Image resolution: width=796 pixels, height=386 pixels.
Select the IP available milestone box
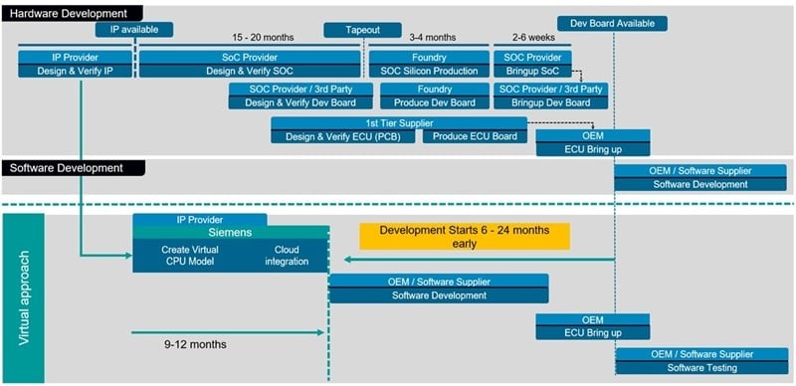pos(134,30)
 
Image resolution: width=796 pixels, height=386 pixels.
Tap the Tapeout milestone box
pos(362,30)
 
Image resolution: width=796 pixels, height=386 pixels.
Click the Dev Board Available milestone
pos(612,23)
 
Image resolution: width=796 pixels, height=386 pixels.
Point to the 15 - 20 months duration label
pos(263,38)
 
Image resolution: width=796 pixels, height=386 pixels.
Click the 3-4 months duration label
pos(433,38)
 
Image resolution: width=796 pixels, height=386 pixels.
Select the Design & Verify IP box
pos(76,71)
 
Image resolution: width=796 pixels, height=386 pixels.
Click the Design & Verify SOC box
pos(250,71)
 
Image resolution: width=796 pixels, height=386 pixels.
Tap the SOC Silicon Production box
pos(430,71)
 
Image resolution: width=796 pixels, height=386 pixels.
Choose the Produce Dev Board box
pos(435,102)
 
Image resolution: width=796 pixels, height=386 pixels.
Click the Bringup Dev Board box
pos(551,102)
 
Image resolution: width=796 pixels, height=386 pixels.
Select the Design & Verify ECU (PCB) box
pos(343,136)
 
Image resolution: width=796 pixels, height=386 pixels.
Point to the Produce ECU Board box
pos(476,136)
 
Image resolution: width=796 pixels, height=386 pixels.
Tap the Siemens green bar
pos(231,233)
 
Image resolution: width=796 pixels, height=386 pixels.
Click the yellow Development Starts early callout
pos(465,236)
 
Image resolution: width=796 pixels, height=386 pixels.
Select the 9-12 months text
pos(195,344)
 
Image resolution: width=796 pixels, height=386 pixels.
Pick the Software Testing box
pos(702,368)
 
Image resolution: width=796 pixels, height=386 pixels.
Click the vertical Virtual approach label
pos(24,297)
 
